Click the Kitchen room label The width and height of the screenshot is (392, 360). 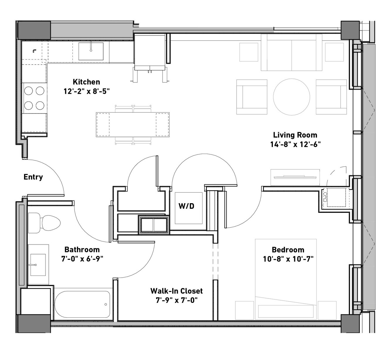[x=86, y=82]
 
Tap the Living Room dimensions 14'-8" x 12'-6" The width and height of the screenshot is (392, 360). [x=295, y=144]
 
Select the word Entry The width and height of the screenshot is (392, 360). [x=33, y=177]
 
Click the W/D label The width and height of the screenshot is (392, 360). [x=186, y=206]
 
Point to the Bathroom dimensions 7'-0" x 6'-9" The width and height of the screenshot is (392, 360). [x=82, y=259]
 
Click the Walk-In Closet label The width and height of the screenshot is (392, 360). [x=176, y=291]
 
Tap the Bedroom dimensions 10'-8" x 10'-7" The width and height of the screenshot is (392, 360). [x=288, y=259]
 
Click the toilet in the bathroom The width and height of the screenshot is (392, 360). [x=44, y=223]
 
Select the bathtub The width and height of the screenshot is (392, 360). [x=82, y=305]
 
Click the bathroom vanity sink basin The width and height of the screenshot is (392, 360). [x=38, y=265]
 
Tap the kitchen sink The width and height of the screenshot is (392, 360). [x=91, y=51]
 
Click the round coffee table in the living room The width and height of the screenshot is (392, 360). [x=292, y=97]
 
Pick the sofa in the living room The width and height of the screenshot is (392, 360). [x=292, y=52]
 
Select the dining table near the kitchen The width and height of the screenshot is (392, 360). [x=133, y=125]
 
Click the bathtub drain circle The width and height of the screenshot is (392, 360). [x=106, y=304]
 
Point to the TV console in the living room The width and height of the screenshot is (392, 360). [x=295, y=177]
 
